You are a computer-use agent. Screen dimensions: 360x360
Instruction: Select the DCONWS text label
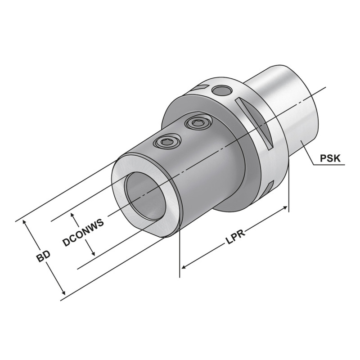point(84,232)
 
